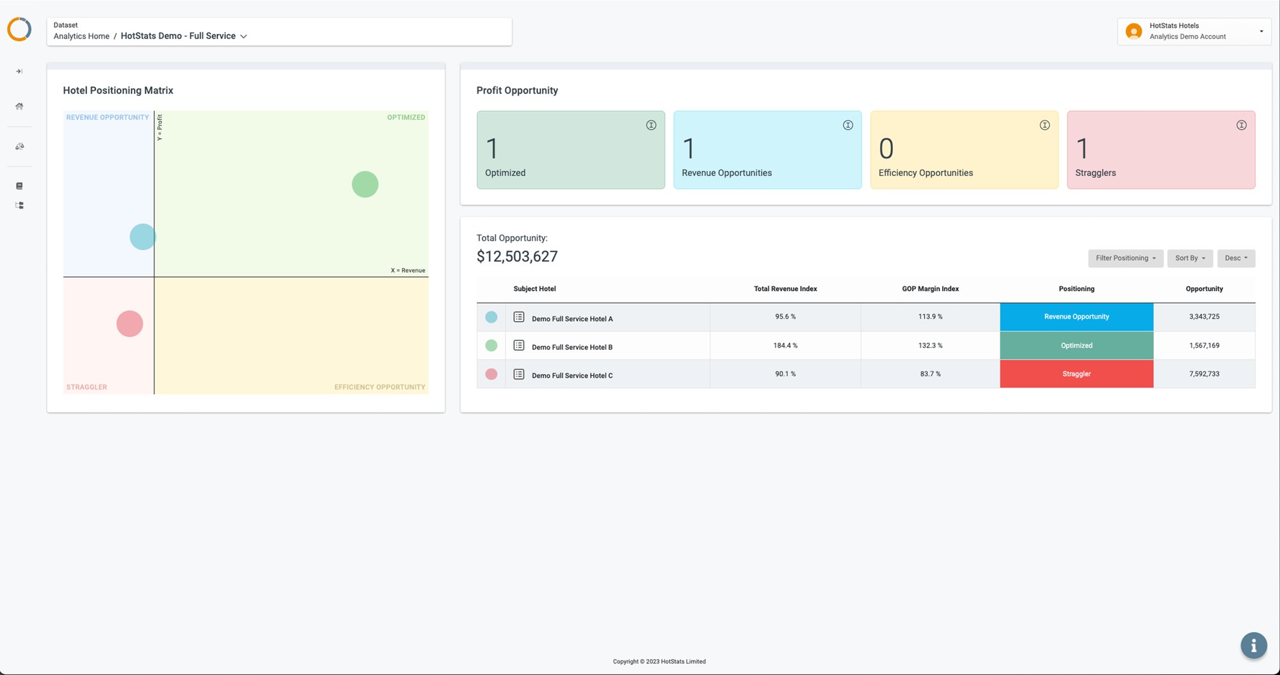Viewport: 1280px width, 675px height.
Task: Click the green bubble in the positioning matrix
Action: (x=365, y=184)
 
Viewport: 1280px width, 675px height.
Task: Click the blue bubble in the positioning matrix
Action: (x=143, y=237)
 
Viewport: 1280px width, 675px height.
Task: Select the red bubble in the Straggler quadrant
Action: (x=130, y=324)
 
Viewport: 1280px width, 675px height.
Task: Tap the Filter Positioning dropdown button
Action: (x=1126, y=258)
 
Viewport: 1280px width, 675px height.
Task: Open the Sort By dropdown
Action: (x=1190, y=258)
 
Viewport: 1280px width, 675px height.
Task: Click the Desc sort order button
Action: (x=1236, y=258)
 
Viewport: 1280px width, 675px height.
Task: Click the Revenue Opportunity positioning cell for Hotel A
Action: (x=1076, y=317)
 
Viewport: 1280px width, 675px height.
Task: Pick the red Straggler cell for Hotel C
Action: (x=1076, y=374)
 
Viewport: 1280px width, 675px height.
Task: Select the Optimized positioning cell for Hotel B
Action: (x=1076, y=345)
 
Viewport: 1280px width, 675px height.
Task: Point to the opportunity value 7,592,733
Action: (x=1204, y=374)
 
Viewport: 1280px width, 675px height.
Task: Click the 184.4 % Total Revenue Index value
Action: (x=785, y=345)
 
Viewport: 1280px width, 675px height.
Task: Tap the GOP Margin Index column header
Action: (x=931, y=289)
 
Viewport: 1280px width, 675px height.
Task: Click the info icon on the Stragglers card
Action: (x=1242, y=125)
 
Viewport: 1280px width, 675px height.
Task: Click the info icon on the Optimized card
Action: (x=651, y=125)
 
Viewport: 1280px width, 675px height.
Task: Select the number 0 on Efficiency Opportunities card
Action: (x=886, y=149)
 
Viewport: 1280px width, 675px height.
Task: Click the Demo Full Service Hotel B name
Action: (x=572, y=347)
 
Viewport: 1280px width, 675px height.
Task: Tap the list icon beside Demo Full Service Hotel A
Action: (x=519, y=317)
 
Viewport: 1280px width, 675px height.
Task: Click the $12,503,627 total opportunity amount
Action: (x=517, y=257)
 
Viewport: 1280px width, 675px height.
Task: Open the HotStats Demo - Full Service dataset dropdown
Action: (x=184, y=36)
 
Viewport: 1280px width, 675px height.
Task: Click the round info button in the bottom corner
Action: (x=1254, y=646)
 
